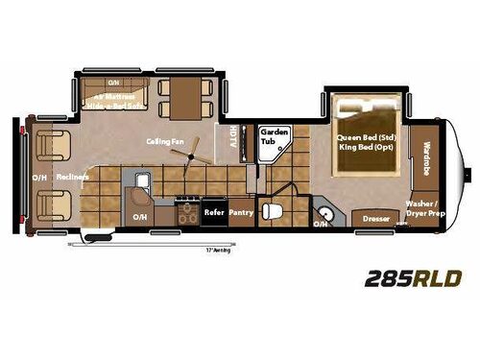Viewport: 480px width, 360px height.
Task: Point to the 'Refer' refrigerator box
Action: pyautogui.click(x=212, y=216)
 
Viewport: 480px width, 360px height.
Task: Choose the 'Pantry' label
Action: pyautogui.click(x=241, y=216)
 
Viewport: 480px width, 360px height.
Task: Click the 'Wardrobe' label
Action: pyautogui.click(x=426, y=158)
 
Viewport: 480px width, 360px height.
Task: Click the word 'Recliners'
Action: pyautogui.click(x=72, y=178)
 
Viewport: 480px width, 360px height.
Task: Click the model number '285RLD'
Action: pyautogui.click(x=414, y=279)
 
